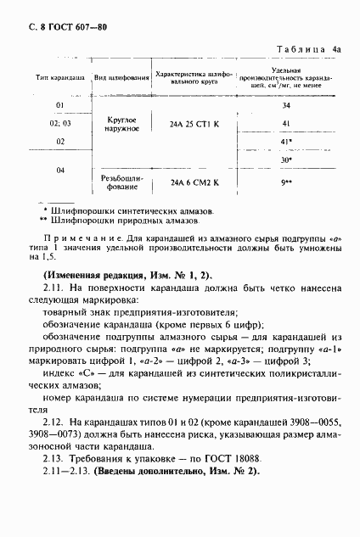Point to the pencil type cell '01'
pyautogui.click(x=60, y=105)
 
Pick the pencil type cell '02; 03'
pyautogui.click(x=60, y=124)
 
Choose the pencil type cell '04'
pyautogui.click(x=60, y=170)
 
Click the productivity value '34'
pyautogui.click(x=285, y=106)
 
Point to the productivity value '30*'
pyautogui.click(x=286, y=159)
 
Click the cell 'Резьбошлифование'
pyautogui.click(x=119, y=182)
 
